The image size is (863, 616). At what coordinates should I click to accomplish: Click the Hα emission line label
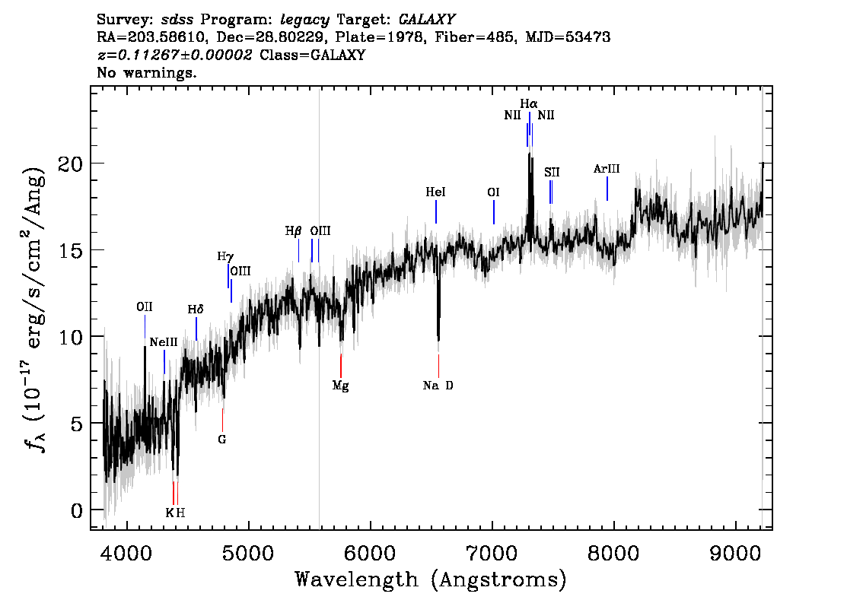pos(529,103)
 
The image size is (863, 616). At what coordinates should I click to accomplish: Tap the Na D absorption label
pos(438,386)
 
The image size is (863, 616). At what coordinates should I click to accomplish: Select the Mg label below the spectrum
pos(341,386)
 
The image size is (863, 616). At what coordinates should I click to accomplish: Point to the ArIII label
pos(607,169)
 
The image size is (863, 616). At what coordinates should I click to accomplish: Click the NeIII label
pos(164,342)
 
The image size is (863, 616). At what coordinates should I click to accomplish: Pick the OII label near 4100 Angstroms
pos(144,307)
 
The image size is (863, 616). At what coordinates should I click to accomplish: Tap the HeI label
pos(435,192)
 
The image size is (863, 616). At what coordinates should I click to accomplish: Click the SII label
pos(552,172)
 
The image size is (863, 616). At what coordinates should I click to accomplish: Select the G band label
pos(221,440)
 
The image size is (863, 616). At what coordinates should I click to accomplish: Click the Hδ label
pos(196,310)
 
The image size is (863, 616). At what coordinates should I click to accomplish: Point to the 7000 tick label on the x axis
pos(492,553)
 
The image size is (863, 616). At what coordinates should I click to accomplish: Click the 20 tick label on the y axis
pos(71,164)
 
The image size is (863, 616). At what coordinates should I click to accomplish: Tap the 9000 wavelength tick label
pos(734,553)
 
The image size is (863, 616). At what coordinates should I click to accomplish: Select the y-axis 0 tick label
pos(77,510)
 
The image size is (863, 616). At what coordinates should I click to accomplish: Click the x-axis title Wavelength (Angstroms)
pos(431,579)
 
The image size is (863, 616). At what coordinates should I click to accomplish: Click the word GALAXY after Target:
pos(426,20)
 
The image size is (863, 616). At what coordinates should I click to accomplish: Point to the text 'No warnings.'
pos(146,72)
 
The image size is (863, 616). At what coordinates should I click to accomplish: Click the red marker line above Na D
pos(438,366)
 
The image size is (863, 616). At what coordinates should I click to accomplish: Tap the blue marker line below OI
pos(494,212)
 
